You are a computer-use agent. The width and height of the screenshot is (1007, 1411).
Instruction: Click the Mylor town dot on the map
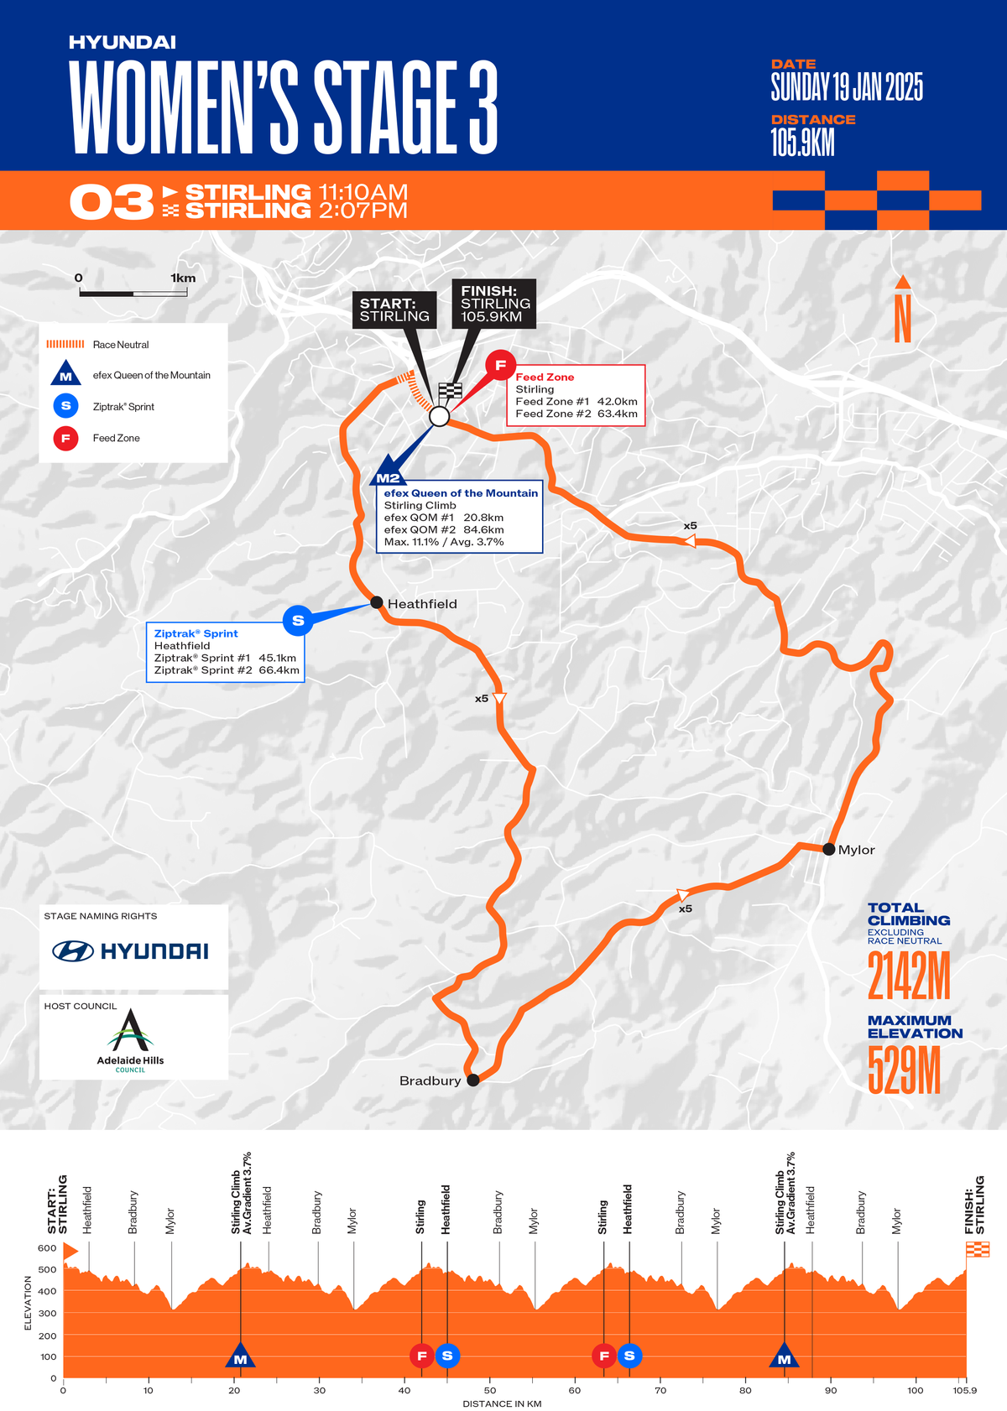click(828, 849)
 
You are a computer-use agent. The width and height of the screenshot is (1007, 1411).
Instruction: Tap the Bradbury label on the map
click(430, 1080)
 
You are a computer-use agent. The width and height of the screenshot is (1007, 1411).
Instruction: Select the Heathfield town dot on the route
click(377, 602)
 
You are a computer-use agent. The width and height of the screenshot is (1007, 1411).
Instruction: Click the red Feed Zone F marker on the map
click(500, 365)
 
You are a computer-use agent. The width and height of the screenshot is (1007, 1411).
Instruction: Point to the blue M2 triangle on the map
click(388, 472)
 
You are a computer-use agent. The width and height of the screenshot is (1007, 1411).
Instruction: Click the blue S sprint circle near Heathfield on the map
click(298, 621)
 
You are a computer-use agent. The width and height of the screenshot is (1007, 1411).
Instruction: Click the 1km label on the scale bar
click(182, 279)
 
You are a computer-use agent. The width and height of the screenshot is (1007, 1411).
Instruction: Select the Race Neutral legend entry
click(121, 345)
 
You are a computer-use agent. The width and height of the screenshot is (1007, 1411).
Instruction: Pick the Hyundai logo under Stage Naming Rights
click(131, 951)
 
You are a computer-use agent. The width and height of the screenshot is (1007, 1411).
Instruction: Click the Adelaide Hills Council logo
click(131, 1039)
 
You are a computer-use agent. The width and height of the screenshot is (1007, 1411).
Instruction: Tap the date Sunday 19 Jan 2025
click(847, 87)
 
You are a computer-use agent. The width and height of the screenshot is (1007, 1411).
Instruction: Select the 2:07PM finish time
click(363, 211)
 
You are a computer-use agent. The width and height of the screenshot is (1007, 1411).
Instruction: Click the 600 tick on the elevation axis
click(47, 1248)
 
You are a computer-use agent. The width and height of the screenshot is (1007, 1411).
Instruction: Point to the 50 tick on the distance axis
click(490, 1390)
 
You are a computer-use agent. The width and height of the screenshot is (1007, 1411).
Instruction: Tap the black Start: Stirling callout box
click(394, 310)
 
